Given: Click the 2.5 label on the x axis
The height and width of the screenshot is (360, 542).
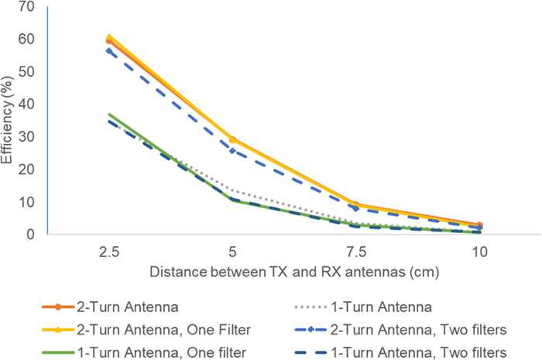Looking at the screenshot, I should pos(108,252).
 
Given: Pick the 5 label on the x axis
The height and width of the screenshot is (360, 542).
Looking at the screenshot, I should pos(232,252).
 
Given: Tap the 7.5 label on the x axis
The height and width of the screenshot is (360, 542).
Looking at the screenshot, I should pos(355,252).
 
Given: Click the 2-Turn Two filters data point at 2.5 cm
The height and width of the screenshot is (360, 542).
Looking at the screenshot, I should pos(108,51).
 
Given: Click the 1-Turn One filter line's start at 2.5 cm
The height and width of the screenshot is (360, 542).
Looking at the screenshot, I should pos(108,115).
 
